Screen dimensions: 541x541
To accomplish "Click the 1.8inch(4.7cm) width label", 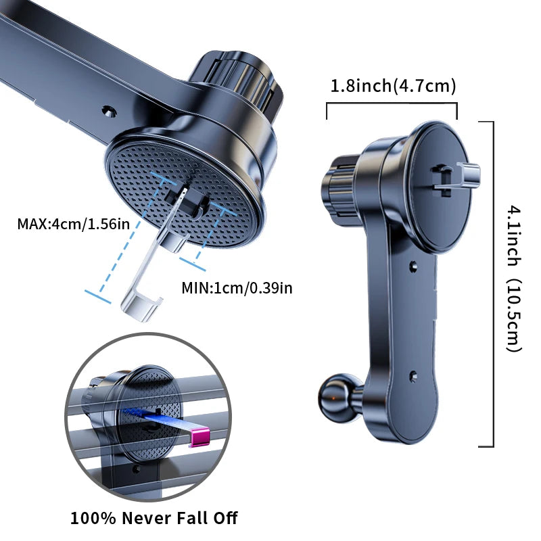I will [393, 87].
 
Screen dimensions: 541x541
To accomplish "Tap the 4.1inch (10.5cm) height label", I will [514, 281].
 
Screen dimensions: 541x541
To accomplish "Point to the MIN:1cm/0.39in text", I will [237, 287].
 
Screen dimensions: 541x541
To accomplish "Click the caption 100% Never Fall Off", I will [154, 519].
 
